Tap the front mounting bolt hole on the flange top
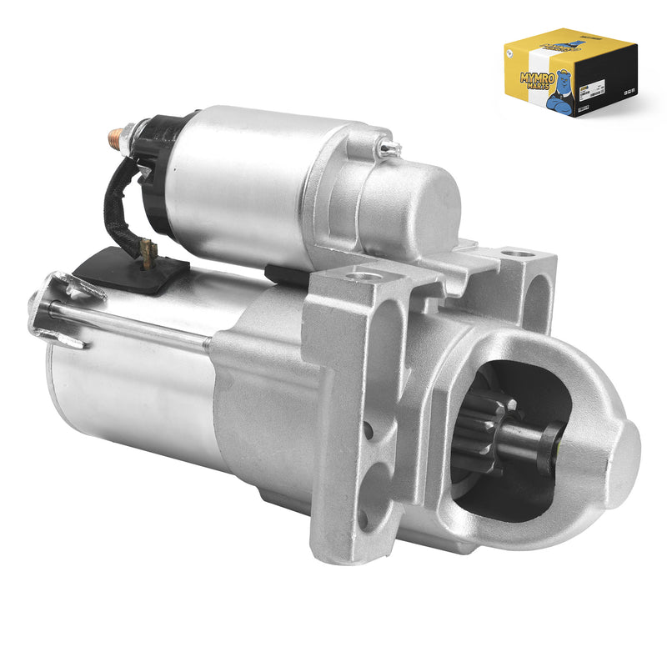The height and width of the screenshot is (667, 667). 364,275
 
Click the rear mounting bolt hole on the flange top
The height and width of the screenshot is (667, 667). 516,253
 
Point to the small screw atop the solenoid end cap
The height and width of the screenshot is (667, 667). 389,148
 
